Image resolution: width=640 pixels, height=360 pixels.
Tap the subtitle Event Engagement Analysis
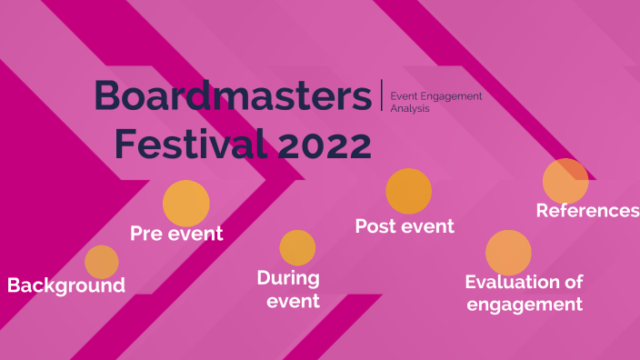point(435,102)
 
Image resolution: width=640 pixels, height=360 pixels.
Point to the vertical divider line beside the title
point(382,95)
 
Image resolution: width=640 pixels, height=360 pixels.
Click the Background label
point(66,285)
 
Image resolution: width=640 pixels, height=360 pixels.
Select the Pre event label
point(176,234)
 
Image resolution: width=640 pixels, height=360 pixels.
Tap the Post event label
point(405,225)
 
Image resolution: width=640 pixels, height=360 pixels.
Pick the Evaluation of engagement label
point(524,293)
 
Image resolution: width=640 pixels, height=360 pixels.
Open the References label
point(587,211)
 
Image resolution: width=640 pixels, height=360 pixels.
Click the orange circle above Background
point(102,262)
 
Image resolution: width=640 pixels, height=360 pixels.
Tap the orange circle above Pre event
point(186,204)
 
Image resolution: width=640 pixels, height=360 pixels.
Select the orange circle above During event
point(297,247)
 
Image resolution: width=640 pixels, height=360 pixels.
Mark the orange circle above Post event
point(408,192)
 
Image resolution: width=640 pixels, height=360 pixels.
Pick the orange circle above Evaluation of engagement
point(508,253)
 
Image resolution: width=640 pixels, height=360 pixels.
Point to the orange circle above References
point(565,180)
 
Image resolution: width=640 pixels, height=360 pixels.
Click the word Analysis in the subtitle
point(409,108)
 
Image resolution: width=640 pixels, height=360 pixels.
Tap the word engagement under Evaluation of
point(525,305)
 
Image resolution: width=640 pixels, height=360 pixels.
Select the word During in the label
point(287,277)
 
